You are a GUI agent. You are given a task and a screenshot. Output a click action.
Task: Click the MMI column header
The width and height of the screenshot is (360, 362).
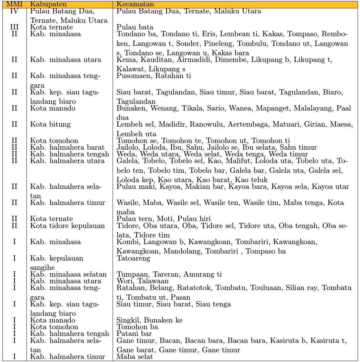[14, 5]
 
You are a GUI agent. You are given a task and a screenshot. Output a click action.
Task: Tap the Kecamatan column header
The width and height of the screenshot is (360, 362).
[135, 5]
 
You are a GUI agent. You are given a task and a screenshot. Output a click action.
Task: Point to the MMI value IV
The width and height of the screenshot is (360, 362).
[14, 11]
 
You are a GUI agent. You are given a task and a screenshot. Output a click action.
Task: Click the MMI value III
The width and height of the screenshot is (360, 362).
[14, 27]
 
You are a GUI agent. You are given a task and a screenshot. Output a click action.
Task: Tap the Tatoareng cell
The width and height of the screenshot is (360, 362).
[133, 259]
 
